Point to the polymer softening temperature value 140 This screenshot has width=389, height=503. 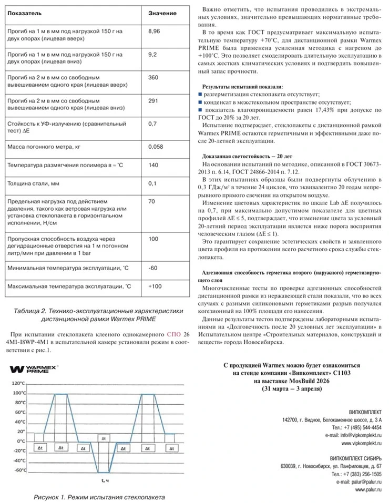coord(153,165)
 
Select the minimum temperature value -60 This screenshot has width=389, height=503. coord(153,268)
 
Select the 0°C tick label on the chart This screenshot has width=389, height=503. coord(21,441)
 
